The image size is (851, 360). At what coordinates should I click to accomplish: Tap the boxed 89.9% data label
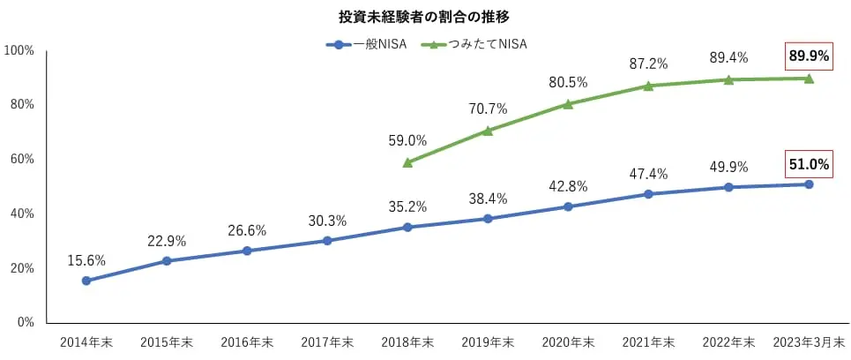pyautogui.click(x=809, y=56)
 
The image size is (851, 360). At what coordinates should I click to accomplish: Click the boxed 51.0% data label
pyautogui.click(x=809, y=163)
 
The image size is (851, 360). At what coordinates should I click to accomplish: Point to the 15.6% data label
pyautogui.click(x=86, y=260)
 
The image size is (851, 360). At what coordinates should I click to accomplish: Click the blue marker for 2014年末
pyautogui.click(x=86, y=281)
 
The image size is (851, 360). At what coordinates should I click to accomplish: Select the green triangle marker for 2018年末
pyautogui.click(x=407, y=162)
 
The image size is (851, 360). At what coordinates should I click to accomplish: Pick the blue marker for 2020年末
pyautogui.click(x=568, y=206)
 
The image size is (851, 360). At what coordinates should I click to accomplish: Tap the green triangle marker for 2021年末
pyautogui.click(x=648, y=86)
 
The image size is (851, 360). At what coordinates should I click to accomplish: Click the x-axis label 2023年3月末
pyautogui.click(x=809, y=342)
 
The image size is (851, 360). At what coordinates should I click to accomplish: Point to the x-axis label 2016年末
pyautogui.click(x=247, y=342)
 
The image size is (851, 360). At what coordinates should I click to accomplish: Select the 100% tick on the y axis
pyautogui.click(x=19, y=50)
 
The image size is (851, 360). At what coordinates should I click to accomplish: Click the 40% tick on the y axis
pyautogui.click(x=22, y=214)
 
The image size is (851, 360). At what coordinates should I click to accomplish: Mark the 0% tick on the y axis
pyautogui.click(x=26, y=322)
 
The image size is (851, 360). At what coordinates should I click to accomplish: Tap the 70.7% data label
pyautogui.click(x=488, y=109)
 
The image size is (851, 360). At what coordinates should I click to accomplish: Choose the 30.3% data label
pyautogui.click(x=327, y=221)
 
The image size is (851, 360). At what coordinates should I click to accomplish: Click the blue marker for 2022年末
pyautogui.click(x=728, y=187)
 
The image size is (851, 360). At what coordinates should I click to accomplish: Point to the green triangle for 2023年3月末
pyautogui.click(x=809, y=79)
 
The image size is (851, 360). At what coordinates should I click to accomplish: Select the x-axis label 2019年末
pyautogui.click(x=488, y=342)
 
